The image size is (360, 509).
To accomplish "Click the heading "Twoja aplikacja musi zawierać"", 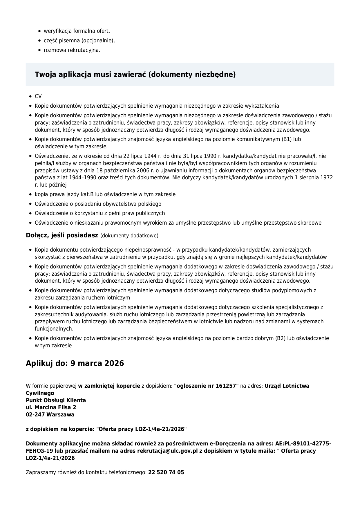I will click(135, 75).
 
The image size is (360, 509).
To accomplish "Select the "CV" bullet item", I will click(38, 96).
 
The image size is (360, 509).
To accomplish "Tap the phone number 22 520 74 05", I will click(166, 472).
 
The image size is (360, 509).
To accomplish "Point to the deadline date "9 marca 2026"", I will click(97, 363).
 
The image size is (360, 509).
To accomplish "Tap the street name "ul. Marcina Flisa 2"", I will click(51, 407).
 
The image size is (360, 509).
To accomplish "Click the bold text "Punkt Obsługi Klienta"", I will click(56, 400).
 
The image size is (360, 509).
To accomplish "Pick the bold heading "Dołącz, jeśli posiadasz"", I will click(62, 235).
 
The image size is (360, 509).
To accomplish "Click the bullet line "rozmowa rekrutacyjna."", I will click(72, 50).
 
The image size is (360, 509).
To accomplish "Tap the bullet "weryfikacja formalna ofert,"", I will click(77, 31).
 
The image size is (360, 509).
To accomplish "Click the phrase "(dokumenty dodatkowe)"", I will click(129, 236).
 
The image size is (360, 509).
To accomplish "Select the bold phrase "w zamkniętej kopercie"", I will click(109, 386).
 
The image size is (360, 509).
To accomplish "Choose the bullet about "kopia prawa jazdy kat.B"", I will click(105, 194).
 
